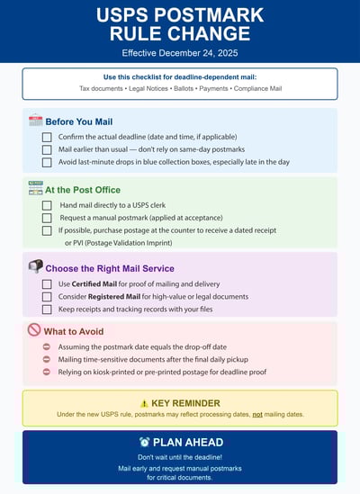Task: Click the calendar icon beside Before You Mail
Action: pyautogui.click(x=35, y=120)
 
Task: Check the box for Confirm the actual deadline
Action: pyautogui.click(x=47, y=137)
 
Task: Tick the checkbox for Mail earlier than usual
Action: pyautogui.click(x=47, y=149)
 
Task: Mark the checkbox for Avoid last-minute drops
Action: pyautogui.click(x=47, y=162)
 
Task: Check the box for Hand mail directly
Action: pyautogui.click(x=47, y=205)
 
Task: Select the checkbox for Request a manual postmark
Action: pyautogui.click(x=47, y=218)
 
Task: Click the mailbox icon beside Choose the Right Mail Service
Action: pyautogui.click(x=35, y=266)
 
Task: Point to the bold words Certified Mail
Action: pyautogui.click(x=95, y=284)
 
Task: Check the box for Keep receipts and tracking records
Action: pyautogui.click(x=47, y=309)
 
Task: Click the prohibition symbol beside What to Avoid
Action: pyautogui.click(x=34, y=330)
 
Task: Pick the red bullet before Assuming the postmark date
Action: pyautogui.click(x=47, y=346)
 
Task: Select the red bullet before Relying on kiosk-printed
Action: pyautogui.click(x=47, y=371)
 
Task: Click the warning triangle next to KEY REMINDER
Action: pyautogui.click(x=144, y=403)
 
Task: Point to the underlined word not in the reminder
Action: pyautogui.click(x=257, y=414)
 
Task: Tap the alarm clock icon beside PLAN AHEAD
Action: pyautogui.click(x=145, y=442)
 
